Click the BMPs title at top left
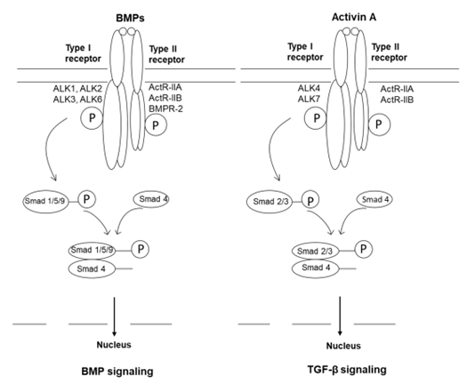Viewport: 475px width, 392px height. (130, 18)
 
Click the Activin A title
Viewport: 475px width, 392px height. (354, 17)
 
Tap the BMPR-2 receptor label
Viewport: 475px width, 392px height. (165, 108)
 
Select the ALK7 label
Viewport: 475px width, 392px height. (309, 99)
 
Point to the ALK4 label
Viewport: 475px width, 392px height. (309, 88)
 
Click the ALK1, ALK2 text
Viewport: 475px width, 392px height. (77, 89)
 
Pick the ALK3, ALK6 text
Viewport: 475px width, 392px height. (77, 100)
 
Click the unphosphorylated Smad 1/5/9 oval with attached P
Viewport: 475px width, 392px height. (45, 201)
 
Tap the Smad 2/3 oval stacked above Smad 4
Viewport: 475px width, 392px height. (315, 251)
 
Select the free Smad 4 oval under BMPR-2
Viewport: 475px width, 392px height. (151, 199)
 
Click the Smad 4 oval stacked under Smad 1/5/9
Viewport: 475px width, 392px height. (92, 268)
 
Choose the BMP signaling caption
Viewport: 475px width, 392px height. (117, 372)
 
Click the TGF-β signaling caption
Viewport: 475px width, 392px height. (347, 370)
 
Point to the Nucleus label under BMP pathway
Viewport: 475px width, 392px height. (114, 345)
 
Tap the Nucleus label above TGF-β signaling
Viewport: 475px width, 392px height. (343, 346)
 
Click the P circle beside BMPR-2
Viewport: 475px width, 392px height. (156, 124)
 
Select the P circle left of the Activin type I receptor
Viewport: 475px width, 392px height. (316, 118)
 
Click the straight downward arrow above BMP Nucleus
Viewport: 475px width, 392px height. (114, 316)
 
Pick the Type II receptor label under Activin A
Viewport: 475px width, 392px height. (390, 52)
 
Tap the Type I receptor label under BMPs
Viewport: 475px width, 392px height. (83, 53)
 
